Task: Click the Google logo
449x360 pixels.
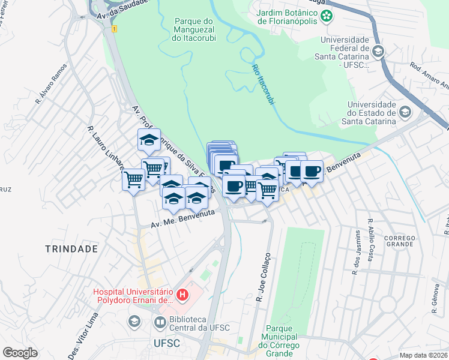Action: click(19, 353)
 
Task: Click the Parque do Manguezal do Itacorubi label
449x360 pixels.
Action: click(194, 29)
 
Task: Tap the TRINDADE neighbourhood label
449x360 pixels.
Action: click(71, 248)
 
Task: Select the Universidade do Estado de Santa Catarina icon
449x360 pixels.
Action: click(405, 112)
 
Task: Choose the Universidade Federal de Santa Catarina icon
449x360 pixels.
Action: click(378, 52)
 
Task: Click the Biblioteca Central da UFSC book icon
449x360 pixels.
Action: click(160, 323)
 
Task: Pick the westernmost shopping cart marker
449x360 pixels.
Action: click(133, 179)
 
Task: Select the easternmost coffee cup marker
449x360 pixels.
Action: click(312, 171)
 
